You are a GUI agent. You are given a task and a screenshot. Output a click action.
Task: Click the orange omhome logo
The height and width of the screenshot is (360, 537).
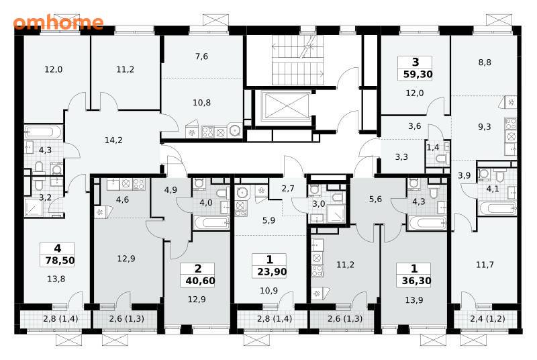(58, 23)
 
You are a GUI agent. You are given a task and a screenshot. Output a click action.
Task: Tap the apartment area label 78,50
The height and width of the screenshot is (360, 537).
(60, 261)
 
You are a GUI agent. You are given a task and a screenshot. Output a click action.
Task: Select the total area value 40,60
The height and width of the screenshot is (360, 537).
(200, 281)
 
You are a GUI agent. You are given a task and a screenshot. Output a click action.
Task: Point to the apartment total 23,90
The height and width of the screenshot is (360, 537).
(272, 272)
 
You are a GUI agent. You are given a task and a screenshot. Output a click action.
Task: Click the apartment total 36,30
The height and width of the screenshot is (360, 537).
(416, 281)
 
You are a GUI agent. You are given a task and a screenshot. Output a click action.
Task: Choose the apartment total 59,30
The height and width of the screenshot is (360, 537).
(418, 75)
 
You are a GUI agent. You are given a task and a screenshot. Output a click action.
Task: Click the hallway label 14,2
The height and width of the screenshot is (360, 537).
(113, 140)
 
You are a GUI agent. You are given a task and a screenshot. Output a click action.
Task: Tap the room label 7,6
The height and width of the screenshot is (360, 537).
(202, 56)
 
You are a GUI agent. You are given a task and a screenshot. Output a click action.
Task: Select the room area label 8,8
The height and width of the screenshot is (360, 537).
(485, 62)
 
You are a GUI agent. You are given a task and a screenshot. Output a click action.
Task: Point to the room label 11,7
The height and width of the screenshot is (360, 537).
(485, 265)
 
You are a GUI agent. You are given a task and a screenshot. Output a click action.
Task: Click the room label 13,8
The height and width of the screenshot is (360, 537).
(56, 279)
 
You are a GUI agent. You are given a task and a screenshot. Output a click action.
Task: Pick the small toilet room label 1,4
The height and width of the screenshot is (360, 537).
(432, 148)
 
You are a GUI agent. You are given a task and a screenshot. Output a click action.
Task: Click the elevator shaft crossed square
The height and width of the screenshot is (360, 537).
(285, 105)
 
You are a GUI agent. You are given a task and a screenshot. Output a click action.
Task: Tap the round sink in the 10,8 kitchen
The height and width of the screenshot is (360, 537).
(235, 130)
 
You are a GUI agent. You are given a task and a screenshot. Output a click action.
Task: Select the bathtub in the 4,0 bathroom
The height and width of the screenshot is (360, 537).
(211, 223)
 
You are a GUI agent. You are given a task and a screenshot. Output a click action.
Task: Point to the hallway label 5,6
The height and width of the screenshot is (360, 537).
(375, 199)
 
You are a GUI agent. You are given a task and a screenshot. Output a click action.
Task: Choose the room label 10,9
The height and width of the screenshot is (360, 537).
(269, 291)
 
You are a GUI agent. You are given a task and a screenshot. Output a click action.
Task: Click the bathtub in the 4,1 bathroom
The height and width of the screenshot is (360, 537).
(497, 208)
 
